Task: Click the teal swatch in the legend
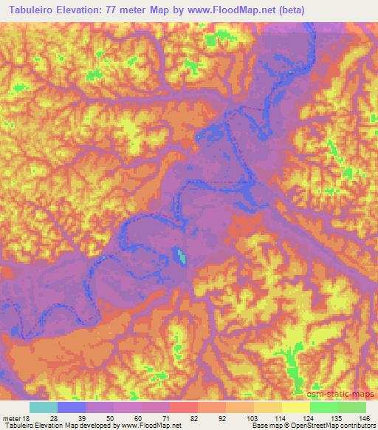tap(44, 407)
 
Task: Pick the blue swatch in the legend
tap(72, 407)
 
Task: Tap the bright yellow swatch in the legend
tap(296, 407)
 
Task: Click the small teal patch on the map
tap(181, 256)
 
